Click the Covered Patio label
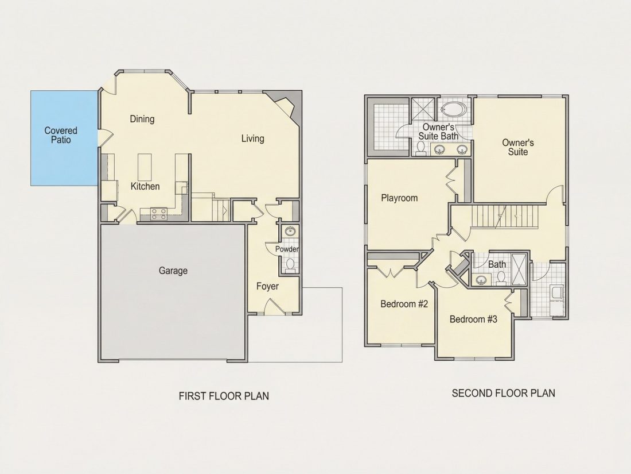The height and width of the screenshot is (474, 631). [x=61, y=135]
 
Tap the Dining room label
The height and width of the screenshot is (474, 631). [x=142, y=119]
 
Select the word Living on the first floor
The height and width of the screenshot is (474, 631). [x=253, y=138]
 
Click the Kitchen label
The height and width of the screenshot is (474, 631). [x=145, y=186]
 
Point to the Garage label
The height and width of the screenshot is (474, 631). [x=173, y=271]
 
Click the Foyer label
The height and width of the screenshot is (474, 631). [x=268, y=286]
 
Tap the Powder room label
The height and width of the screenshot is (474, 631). [x=287, y=249]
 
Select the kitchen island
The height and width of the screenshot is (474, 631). [x=145, y=167]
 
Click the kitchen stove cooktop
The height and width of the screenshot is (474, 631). [x=158, y=214]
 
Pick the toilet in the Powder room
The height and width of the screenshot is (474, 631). [x=290, y=265]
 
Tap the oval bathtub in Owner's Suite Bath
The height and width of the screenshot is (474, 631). [x=454, y=109]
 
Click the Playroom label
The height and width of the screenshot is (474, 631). [x=399, y=198]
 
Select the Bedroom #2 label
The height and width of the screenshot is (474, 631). [x=404, y=304]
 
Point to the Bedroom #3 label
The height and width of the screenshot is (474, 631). [x=473, y=319]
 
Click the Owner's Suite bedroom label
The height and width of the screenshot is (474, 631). [x=518, y=147]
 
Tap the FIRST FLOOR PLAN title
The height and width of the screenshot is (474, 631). [x=224, y=396]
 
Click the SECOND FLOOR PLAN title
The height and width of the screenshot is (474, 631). [x=504, y=393]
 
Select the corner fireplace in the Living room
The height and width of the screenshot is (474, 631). [x=287, y=106]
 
